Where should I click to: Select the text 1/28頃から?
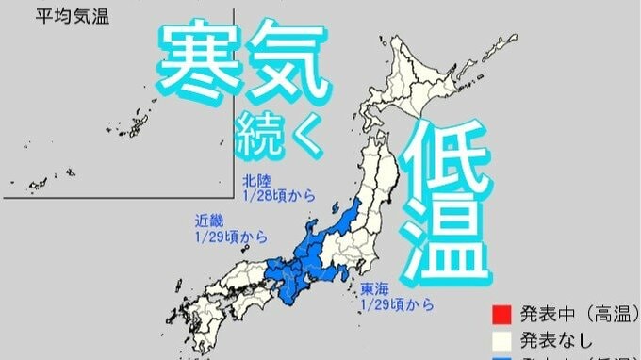click(x=274, y=195)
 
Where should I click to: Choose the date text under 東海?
click(x=396, y=304)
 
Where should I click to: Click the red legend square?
click(x=500, y=313)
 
